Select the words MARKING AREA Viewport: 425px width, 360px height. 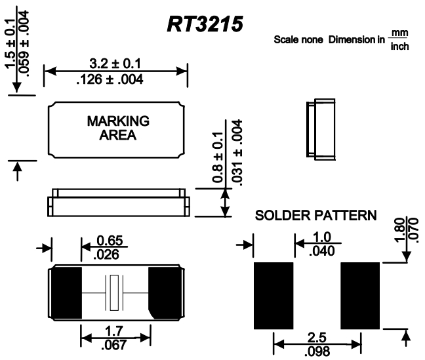118,129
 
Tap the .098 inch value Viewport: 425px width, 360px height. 316,350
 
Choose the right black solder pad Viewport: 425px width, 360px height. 359,295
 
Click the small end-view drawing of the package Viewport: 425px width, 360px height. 319,130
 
